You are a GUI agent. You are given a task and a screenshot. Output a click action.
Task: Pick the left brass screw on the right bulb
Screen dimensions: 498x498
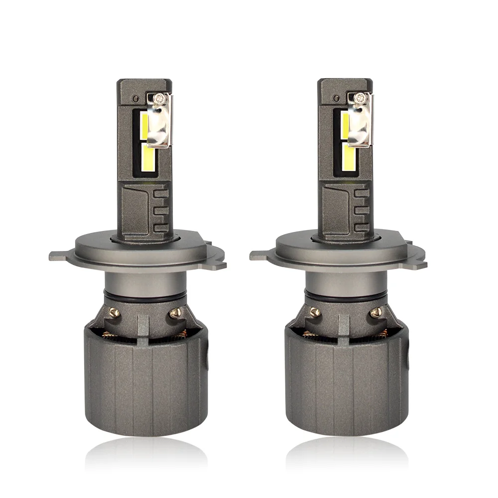click(x=314, y=313)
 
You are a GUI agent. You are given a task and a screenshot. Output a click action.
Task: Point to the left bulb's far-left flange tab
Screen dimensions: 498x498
click(x=56, y=256)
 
